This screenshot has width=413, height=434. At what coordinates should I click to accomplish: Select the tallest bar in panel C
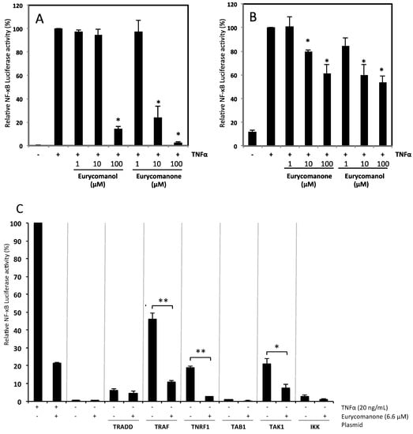[37, 312]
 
